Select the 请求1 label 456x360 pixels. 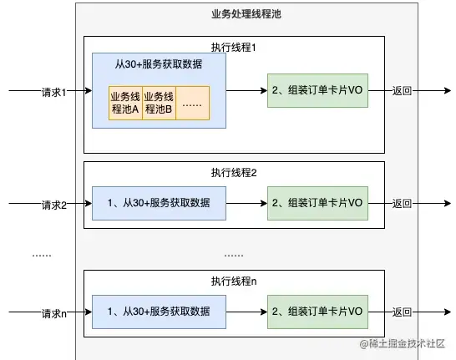[53, 91]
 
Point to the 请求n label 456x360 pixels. [53, 314]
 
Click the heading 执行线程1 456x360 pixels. [233, 48]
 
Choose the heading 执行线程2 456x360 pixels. [233, 173]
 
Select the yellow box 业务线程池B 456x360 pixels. [159, 102]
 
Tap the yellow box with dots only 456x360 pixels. [192, 102]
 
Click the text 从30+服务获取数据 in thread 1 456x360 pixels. [158, 64]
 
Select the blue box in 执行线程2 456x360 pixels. [159, 203]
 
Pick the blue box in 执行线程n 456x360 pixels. [159, 312]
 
